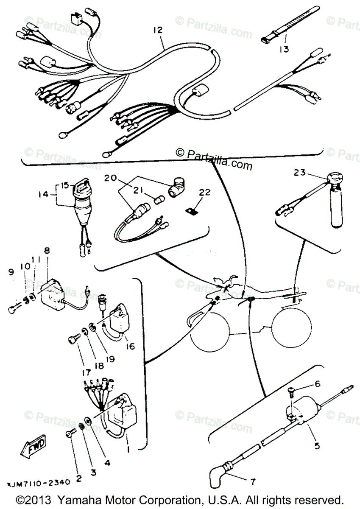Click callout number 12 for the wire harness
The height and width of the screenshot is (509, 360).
point(158,30)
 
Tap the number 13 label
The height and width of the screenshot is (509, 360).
point(284,50)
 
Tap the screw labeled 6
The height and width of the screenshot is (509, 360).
point(292,392)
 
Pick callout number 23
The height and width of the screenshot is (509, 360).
point(300,173)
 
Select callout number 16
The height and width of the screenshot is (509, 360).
point(130,347)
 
